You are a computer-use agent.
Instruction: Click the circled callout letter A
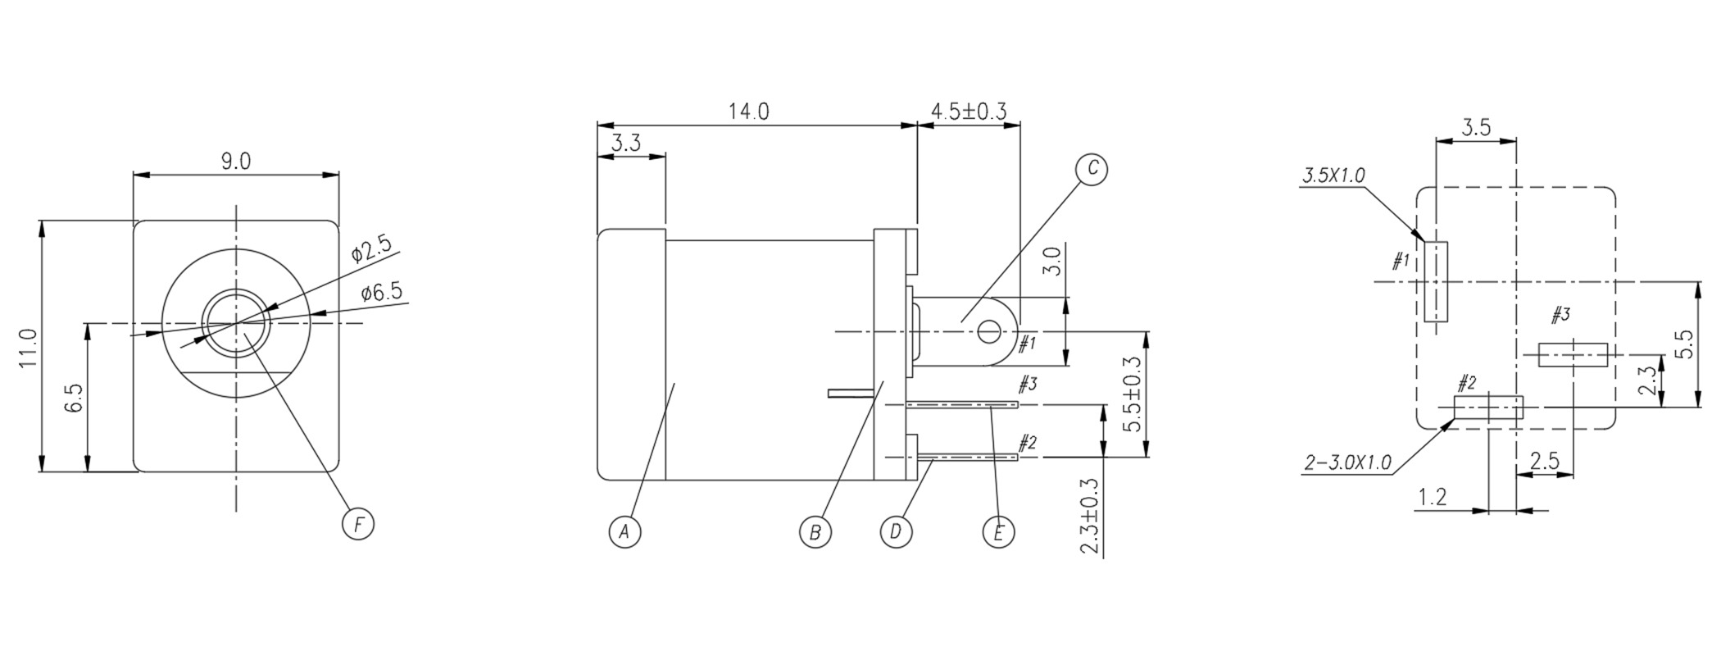[x=624, y=532]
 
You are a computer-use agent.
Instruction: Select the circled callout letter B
[x=815, y=532]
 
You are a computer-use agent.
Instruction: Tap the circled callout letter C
[x=1092, y=169]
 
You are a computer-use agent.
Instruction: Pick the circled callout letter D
[x=896, y=532]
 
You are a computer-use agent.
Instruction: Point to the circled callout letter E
[x=998, y=532]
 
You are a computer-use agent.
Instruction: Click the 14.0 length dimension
[x=748, y=112]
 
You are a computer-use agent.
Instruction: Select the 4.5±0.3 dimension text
[x=969, y=112]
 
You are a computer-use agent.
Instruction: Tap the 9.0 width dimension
[x=235, y=162]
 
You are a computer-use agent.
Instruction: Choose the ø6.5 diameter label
[x=381, y=293]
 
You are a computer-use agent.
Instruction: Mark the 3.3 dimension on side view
[x=626, y=143]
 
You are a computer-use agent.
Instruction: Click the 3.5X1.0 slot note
[x=1333, y=175]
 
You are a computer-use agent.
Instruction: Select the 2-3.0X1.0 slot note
[x=1347, y=463]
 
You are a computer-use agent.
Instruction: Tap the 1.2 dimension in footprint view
[x=1432, y=496]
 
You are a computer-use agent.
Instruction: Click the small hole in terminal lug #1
[x=989, y=332]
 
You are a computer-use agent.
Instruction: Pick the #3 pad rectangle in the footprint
[x=1573, y=355]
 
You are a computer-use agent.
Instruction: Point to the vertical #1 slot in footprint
[x=1436, y=281]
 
